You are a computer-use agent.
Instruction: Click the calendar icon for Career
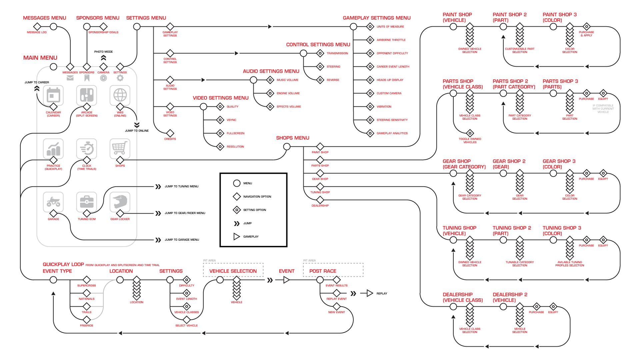point(53,95)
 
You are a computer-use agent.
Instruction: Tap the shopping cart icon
point(120,148)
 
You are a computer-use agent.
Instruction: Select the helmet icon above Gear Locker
point(120,202)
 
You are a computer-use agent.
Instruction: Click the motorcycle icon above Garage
point(53,202)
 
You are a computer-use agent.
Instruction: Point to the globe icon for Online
point(120,95)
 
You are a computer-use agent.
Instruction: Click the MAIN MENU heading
point(40,58)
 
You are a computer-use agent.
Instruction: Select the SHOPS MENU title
point(293,138)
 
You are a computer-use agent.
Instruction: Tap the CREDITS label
point(170,139)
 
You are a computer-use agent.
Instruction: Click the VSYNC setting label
point(231,120)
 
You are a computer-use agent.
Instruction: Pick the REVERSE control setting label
point(333,80)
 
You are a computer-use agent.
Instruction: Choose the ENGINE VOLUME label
point(288,93)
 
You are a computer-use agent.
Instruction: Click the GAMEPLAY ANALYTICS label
point(392,133)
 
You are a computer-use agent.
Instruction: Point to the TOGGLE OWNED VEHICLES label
point(470,141)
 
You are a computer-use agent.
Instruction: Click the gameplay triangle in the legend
point(237,237)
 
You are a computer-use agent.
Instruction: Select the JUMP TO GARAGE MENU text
point(182,240)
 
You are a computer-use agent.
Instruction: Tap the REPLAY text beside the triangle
point(382,294)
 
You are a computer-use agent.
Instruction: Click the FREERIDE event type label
point(87,326)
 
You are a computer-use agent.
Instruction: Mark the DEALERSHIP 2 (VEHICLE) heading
point(510,297)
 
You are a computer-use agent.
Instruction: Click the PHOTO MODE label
point(103,52)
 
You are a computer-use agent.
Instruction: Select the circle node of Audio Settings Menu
point(253,80)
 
